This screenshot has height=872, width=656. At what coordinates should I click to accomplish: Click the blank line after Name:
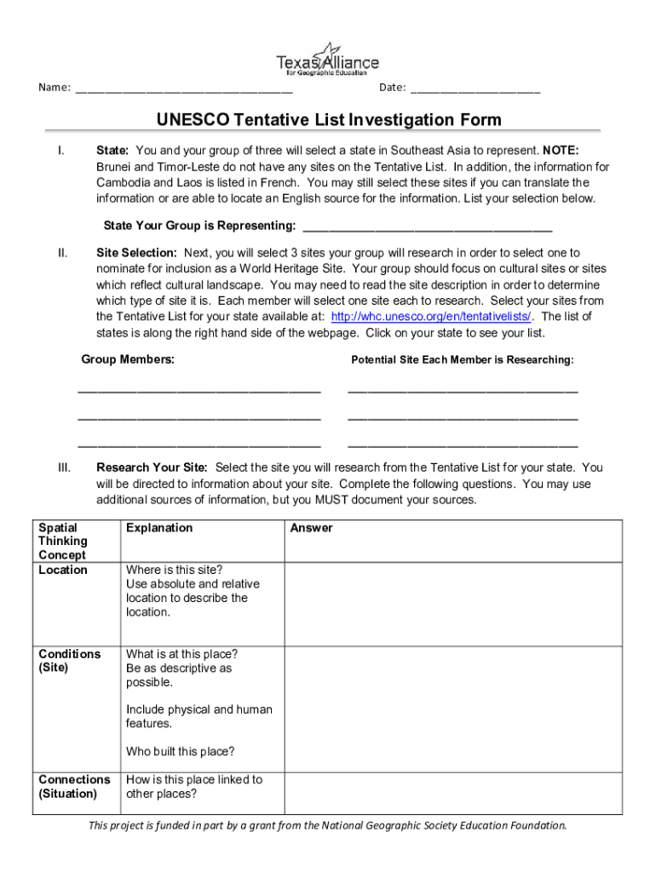click(x=184, y=89)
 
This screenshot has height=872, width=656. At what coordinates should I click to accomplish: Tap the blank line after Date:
click(x=475, y=89)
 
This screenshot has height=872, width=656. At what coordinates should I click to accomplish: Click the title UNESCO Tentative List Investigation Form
click(x=328, y=120)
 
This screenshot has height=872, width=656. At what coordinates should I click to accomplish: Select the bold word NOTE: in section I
click(x=561, y=150)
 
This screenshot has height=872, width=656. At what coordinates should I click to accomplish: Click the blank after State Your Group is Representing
click(x=427, y=227)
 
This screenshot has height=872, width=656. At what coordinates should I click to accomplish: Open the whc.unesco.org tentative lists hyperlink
click(x=433, y=317)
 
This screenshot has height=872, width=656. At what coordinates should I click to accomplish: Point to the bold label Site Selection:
click(x=136, y=253)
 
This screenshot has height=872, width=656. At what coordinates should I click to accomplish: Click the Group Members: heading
click(x=128, y=359)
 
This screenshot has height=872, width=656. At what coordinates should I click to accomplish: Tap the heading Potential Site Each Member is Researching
click(x=463, y=360)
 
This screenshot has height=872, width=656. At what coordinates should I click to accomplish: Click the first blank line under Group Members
click(x=199, y=391)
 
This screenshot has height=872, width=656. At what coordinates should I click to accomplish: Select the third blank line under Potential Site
click(x=463, y=445)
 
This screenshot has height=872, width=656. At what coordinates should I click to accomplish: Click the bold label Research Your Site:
click(x=152, y=468)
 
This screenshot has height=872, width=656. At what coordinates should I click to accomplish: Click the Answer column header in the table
click(x=311, y=528)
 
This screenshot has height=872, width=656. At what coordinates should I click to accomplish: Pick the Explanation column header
click(x=159, y=528)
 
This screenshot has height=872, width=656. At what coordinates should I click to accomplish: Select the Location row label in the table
click(x=63, y=570)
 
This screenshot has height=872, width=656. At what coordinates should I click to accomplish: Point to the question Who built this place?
click(x=180, y=751)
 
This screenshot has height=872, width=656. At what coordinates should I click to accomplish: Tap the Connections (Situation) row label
click(x=74, y=786)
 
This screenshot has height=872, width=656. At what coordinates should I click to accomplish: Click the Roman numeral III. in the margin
click(x=64, y=468)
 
